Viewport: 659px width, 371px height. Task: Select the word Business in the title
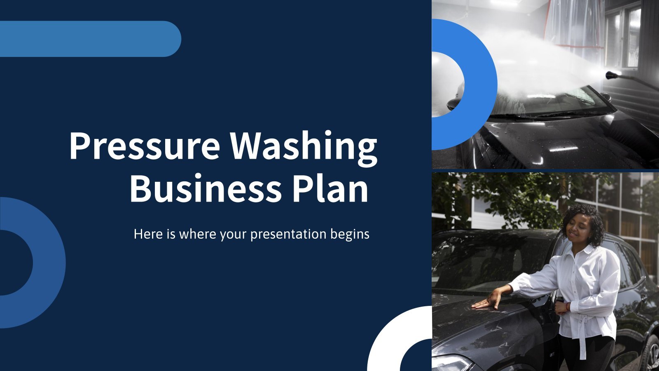point(206,188)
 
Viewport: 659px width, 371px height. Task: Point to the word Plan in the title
point(330,188)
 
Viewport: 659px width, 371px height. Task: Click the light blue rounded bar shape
point(90,39)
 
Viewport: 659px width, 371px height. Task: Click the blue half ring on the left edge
point(49,263)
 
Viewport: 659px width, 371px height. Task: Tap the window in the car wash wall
point(624,38)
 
